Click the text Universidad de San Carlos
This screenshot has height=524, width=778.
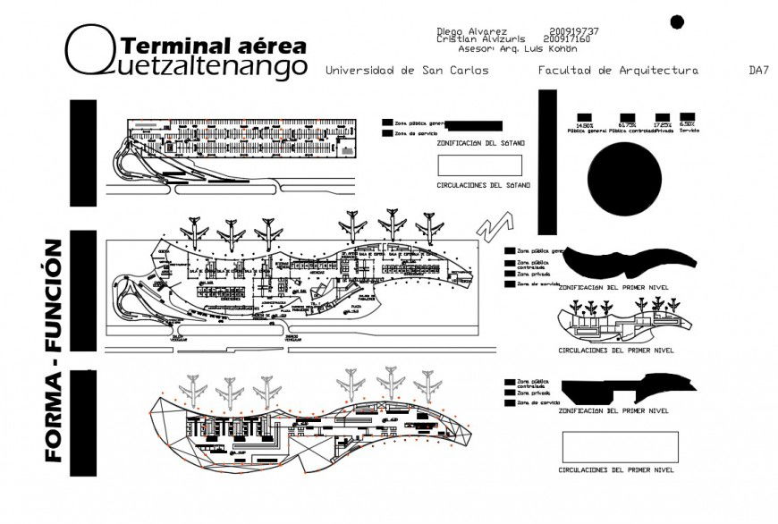[x=407, y=70]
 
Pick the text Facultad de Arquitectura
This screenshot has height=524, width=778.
[x=618, y=70]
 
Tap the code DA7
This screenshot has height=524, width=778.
[x=758, y=70]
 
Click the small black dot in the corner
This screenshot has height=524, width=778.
[x=677, y=21]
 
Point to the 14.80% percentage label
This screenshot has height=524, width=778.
[x=586, y=124]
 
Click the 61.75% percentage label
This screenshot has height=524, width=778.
[x=627, y=124]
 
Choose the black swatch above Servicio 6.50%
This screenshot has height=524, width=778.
[x=687, y=117]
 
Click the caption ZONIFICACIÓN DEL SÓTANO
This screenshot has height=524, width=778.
[x=480, y=143]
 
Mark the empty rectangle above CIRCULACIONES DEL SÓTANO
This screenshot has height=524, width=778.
[x=480, y=165]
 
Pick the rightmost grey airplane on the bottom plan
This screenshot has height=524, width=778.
[x=427, y=385]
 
